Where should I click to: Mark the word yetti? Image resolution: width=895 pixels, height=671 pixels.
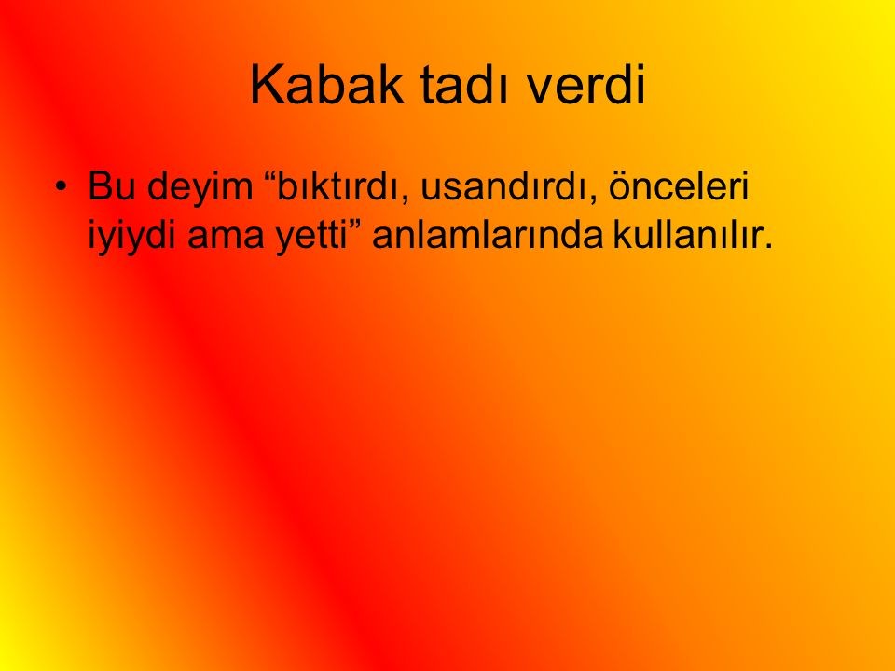click(312, 237)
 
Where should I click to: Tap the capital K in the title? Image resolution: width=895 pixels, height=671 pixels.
click(268, 85)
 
